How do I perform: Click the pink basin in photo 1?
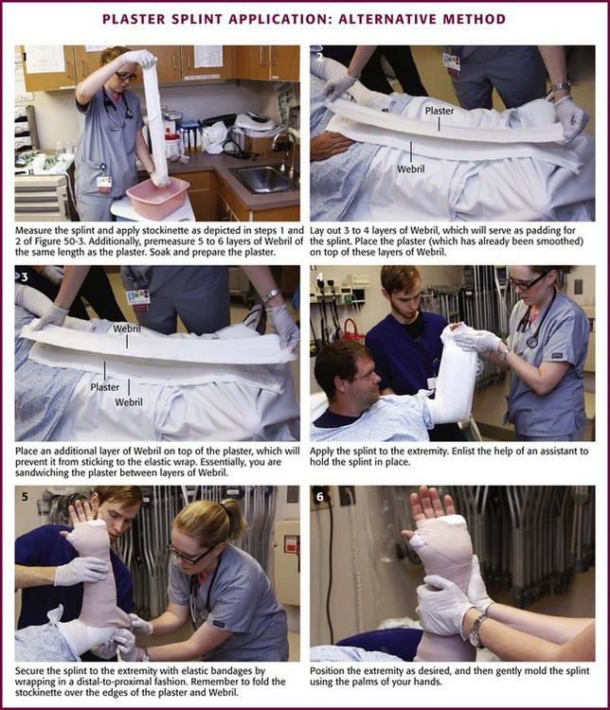[158, 197]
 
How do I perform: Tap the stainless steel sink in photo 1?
[264, 179]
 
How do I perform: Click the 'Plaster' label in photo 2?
[440, 111]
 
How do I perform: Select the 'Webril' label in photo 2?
[411, 169]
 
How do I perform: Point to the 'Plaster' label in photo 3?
[105, 387]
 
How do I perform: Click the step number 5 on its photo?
[25, 497]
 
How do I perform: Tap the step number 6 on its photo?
[320, 497]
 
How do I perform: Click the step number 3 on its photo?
[25, 276]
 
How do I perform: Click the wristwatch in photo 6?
[476, 630]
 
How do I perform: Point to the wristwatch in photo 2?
[561, 85]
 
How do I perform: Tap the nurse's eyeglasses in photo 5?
[189, 555]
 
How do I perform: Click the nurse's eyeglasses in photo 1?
[126, 76]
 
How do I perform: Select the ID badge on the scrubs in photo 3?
[137, 299]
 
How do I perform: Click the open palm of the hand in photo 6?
[430, 506]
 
